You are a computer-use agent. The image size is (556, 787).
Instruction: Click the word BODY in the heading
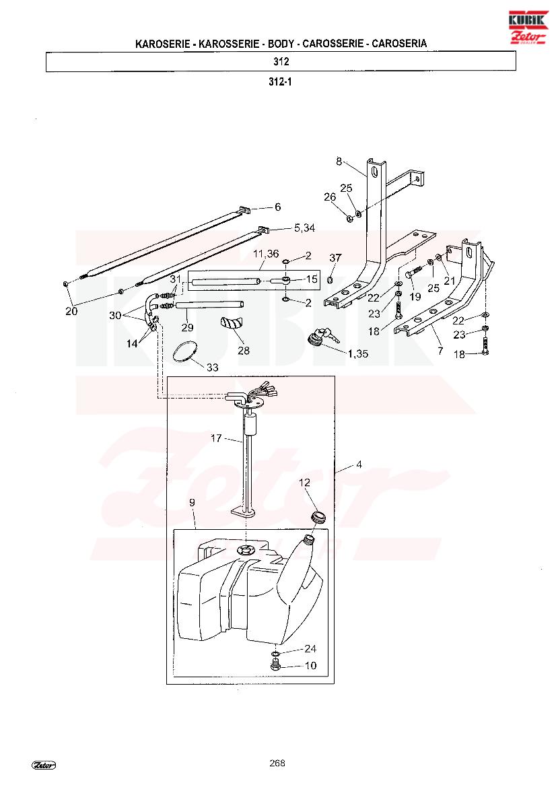281,44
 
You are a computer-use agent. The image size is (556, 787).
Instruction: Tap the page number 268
277,763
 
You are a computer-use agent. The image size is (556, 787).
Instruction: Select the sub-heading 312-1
280,81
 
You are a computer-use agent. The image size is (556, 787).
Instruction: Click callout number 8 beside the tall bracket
339,161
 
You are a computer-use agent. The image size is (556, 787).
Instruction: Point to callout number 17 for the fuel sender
216,438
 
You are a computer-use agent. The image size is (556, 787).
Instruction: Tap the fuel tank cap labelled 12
316,516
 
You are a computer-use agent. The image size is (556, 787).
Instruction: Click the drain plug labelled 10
275,666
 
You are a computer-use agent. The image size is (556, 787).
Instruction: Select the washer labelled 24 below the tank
275,654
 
